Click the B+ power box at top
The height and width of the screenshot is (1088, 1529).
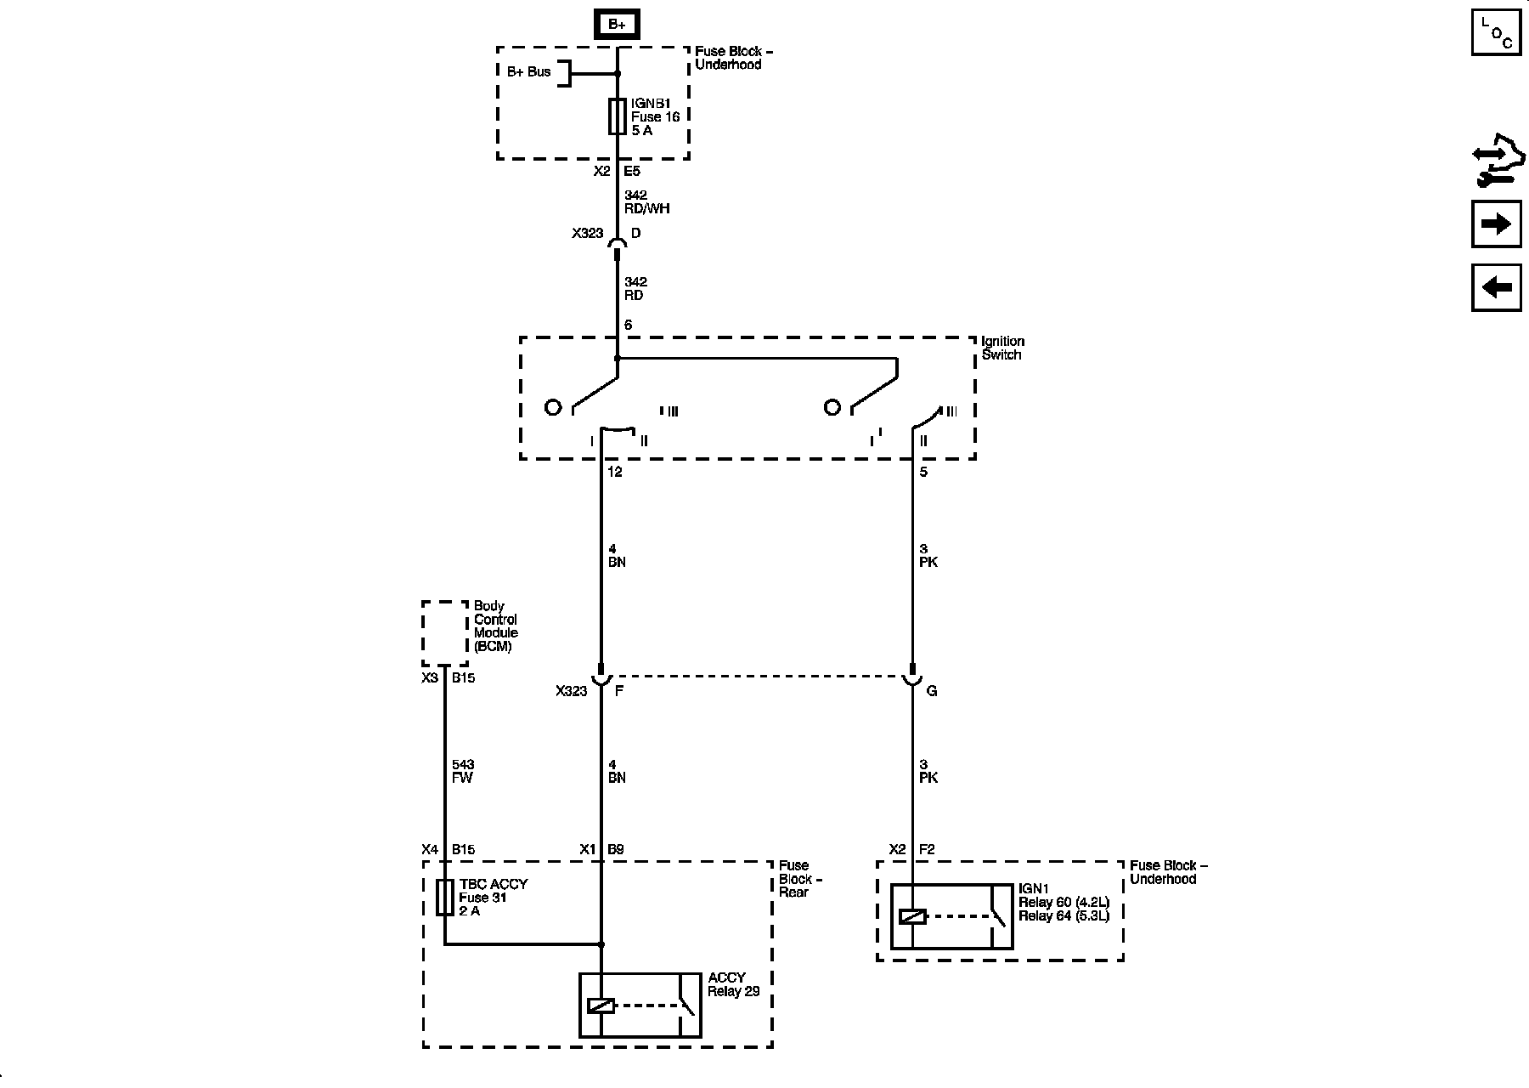617,25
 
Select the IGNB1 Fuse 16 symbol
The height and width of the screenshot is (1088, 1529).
618,116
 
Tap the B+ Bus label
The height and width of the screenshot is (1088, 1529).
528,72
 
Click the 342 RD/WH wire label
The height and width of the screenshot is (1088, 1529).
646,202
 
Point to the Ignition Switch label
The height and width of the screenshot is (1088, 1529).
1002,348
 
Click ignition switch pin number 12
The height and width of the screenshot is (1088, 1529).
614,472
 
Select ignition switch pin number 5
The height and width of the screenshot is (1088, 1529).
923,472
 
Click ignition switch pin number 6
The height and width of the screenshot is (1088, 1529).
628,325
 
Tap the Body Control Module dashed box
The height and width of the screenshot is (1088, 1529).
444,633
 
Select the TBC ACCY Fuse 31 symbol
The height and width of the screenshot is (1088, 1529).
444,897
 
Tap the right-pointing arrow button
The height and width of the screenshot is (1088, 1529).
1496,224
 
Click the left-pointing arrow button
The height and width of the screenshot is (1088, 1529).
1496,287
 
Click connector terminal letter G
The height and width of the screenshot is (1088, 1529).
932,691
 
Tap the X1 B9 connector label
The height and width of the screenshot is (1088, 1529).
601,849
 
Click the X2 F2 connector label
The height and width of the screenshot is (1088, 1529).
911,849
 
